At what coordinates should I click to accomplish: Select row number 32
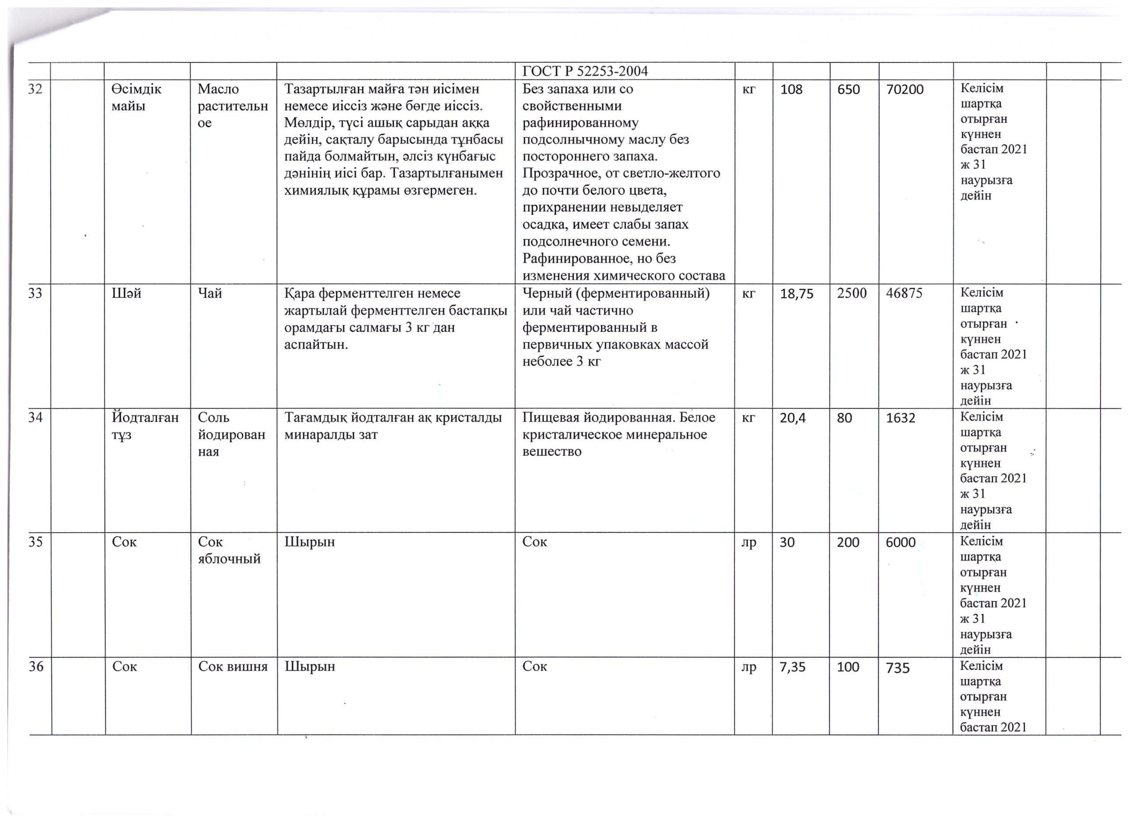[x=35, y=89]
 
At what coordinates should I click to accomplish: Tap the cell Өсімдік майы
[x=137, y=98]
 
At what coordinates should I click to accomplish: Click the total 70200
[x=905, y=90]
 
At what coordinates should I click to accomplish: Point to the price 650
[x=848, y=90]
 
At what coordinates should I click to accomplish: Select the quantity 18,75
[x=797, y=294]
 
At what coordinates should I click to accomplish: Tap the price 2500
[x=852, y=294]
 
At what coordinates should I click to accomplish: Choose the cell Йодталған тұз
[x=145, y=426]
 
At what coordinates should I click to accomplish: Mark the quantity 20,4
[x=793, y=418]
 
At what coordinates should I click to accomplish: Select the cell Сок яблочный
[x=229, y=550]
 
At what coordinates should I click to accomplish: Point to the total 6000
[x=901, y=542]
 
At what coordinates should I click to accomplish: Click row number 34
[x=35, y=418]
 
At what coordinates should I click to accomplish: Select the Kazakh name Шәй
[x=127, y=294]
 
